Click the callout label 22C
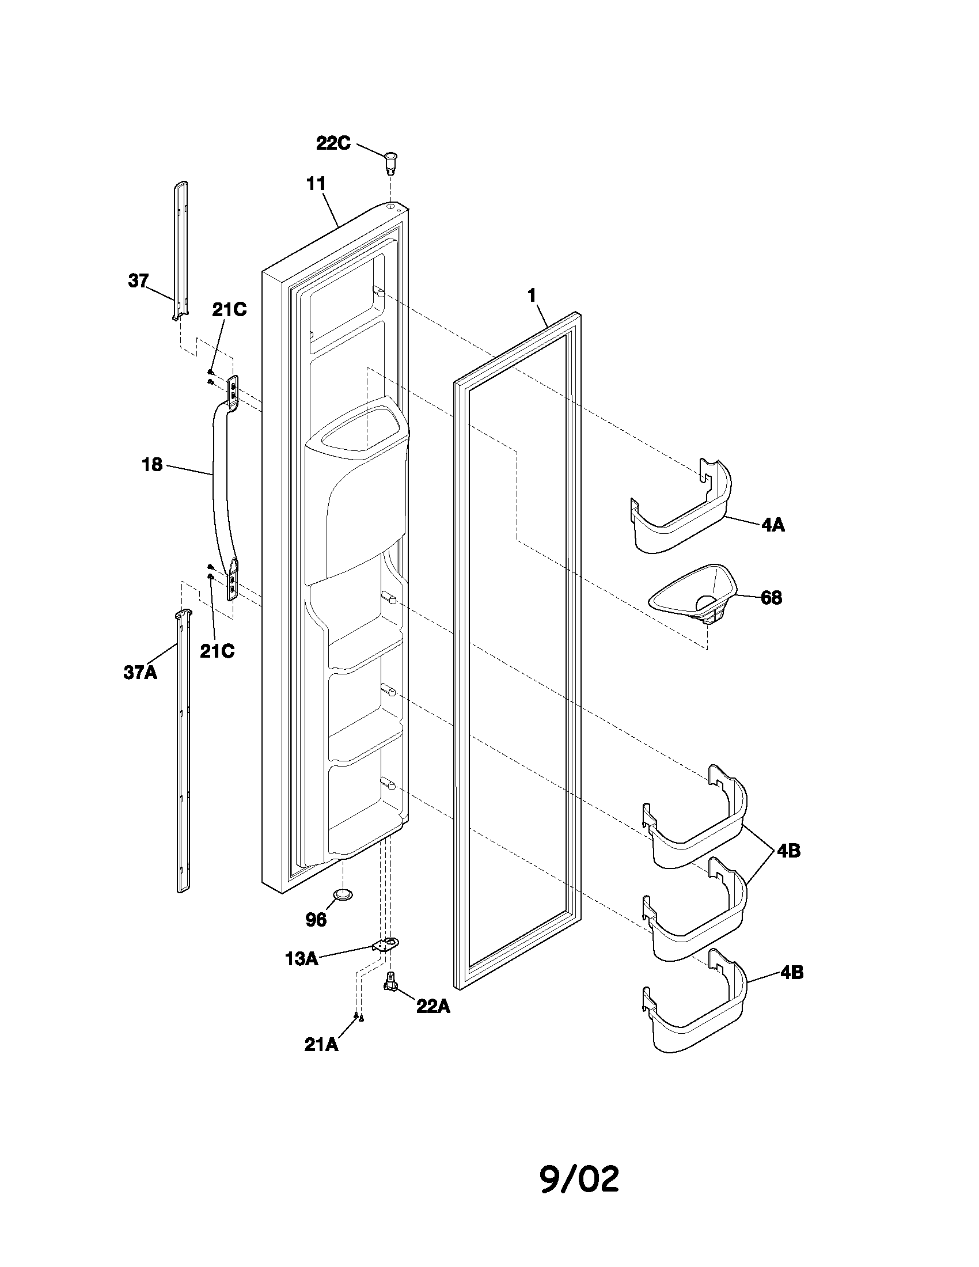click(333, 143)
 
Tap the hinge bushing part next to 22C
click(392, 161)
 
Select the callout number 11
click(316, 184)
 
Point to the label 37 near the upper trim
click(138, 282)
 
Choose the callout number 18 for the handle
click(152, 465)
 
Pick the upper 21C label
click(229, 310)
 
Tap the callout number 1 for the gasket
click(532, 296)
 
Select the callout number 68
click(771, 598)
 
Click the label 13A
click(301, 959)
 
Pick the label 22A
click(433, 1007)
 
